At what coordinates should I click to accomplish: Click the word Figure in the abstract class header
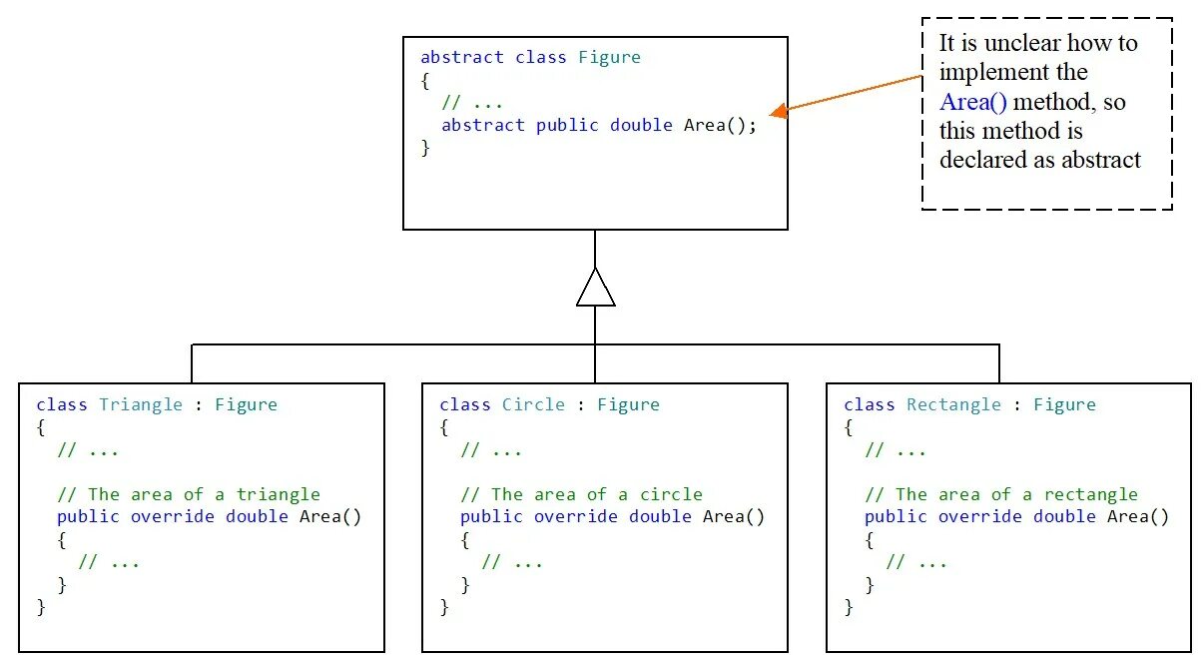click(x=609, y=57)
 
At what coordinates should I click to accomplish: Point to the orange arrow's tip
click(x=776, y=111)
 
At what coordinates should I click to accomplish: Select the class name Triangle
click(x=141, y=404)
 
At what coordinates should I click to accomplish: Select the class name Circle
click(x=533, y=404)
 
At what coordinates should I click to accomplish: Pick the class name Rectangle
click(x=953, y=404)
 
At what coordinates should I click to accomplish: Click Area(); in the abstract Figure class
click(x=720, y=126)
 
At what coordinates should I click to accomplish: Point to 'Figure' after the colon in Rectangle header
click(x=1064, y=404)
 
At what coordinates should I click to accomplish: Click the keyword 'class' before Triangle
click(x=62, y=404)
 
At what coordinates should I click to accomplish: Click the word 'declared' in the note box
click(x=979, y=160)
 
